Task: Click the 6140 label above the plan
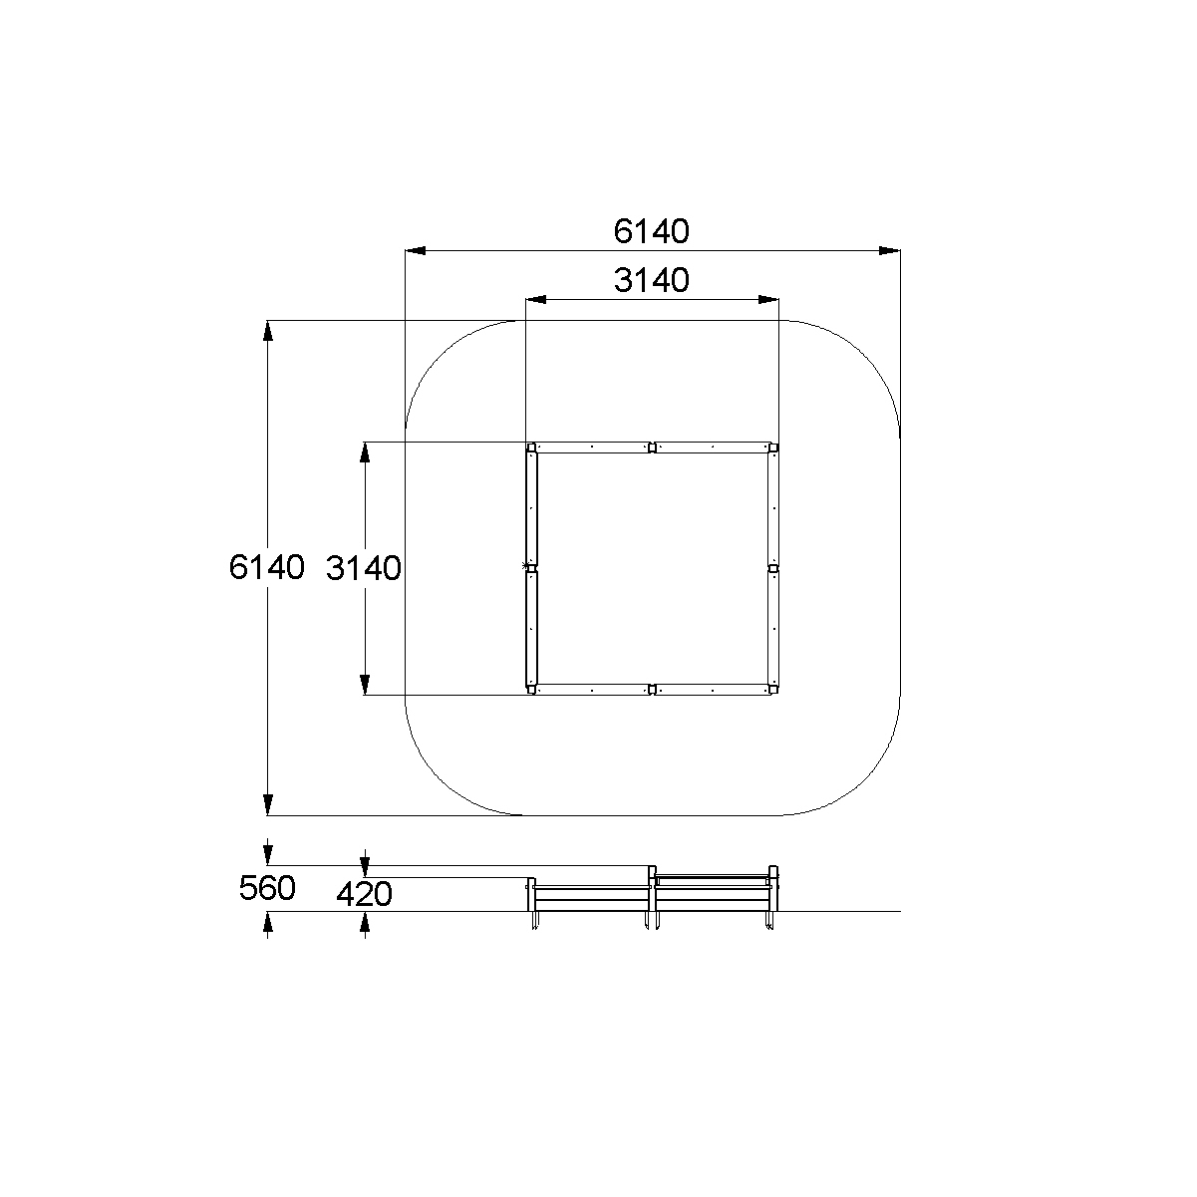[x=651, y=231]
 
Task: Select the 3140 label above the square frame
[x=651, y=280]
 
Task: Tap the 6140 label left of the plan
[x=266, y=567]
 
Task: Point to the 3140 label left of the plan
[x=364, y=568]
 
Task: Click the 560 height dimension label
[x=267, y=888]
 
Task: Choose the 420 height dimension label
[x=364, y=894]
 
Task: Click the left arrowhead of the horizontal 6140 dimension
[x=416, y=251]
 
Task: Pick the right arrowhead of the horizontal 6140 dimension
[x=889, y=251]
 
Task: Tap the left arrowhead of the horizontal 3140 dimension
[x=536, y=299]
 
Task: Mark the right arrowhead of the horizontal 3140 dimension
[x=768, y=299]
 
